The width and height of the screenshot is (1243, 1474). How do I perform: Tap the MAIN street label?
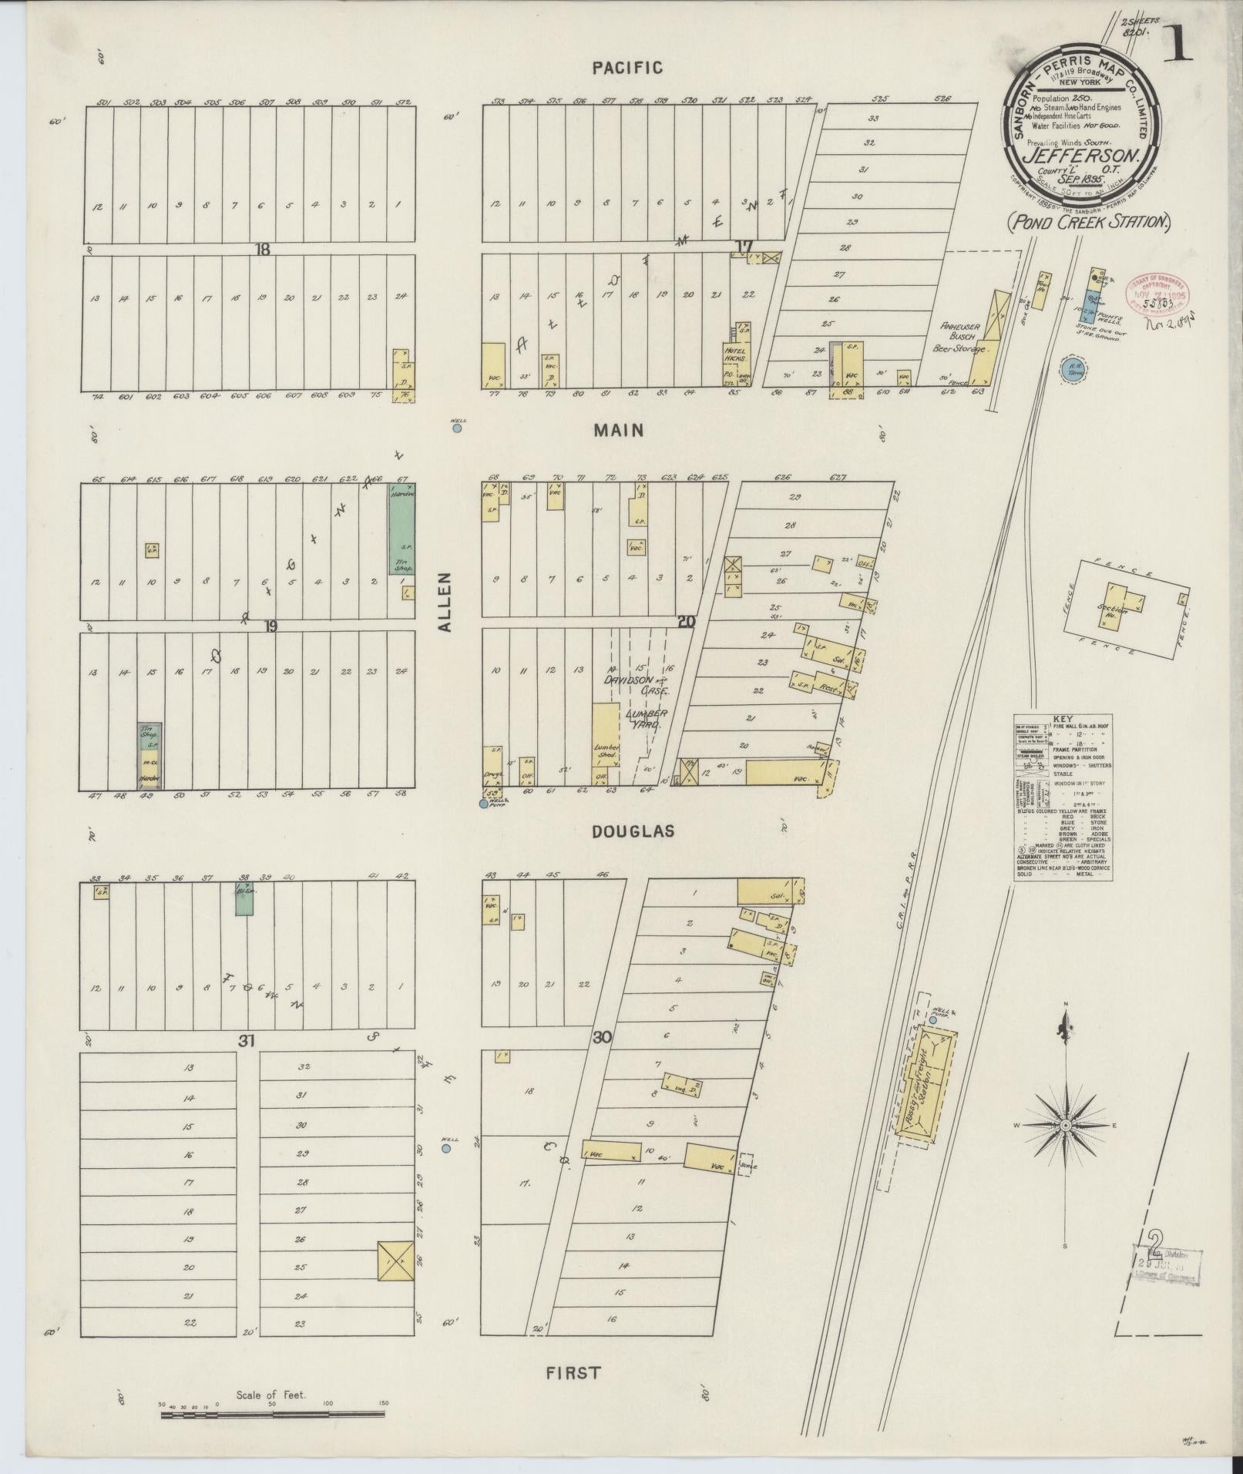pos(618,431)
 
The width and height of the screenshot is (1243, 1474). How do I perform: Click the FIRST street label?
pos(573,1372)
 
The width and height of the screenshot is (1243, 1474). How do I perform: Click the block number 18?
pos(264,248)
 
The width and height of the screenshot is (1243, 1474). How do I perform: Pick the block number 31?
pos(246,1041)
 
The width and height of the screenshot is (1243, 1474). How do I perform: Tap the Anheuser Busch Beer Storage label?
pos(959,337)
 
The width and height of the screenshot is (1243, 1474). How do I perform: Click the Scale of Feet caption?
pos(271,1394)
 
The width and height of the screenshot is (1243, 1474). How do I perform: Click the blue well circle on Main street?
pos(457,428)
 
